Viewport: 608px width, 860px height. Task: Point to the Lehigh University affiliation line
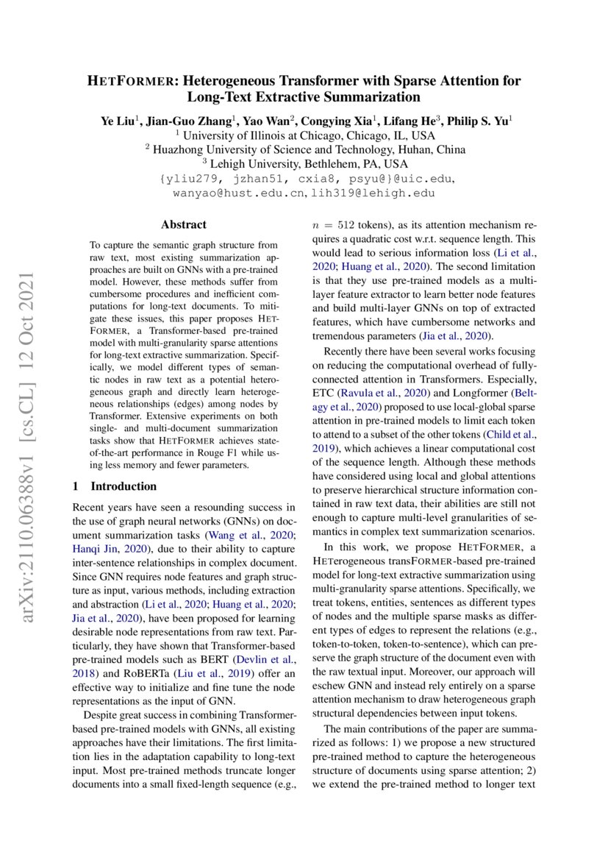304,163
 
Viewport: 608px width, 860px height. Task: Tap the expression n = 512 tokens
351,224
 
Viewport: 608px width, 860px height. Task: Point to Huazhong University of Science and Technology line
305,149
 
